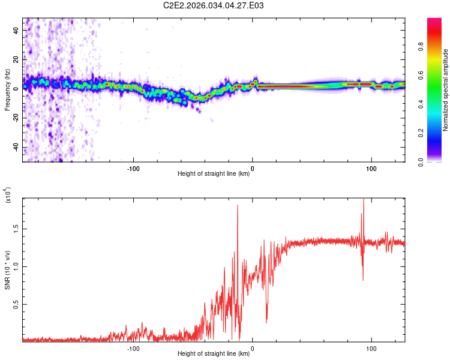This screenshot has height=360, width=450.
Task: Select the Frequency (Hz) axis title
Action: pos(7,90)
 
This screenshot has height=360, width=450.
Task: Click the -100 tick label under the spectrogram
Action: pos(133,169)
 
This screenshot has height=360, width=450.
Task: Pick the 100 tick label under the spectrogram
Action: pos(371,169)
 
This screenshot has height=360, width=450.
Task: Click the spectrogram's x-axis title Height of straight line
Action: pos(214,175)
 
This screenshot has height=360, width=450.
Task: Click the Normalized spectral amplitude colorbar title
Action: pos(445,90)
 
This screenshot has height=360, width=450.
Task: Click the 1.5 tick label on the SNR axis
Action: pos(16,229)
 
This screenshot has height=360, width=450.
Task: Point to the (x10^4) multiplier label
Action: pos(8,196)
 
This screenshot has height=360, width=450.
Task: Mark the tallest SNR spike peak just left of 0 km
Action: pos(238,205)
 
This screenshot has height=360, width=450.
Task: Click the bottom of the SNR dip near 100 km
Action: pos(362,280)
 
